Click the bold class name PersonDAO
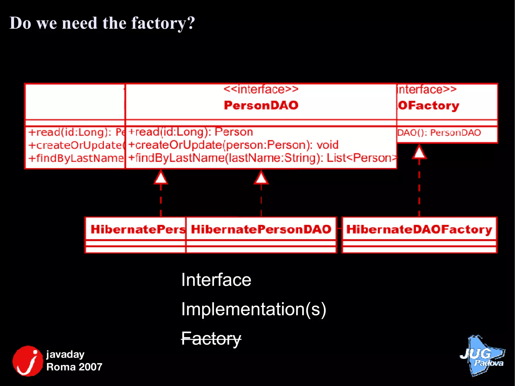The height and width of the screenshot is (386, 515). click(x=261, y=105)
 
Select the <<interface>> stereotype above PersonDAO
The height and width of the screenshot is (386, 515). click(x=261, y=89)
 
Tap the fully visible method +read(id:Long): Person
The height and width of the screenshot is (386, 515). click(x=191, y=132)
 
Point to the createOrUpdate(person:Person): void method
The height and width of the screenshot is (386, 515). click(x=233, y=145)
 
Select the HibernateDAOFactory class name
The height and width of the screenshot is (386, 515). click(x=419, y=229)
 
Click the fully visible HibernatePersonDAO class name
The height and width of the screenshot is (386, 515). click(x=261, y=229)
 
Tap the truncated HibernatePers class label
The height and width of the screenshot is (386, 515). click(x=138, y=229)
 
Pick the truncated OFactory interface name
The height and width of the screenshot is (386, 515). click(x=428, y=106)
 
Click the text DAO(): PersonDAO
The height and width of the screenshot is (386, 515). click(x=439, y=133)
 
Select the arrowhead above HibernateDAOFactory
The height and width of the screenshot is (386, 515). click(x=419, y=152)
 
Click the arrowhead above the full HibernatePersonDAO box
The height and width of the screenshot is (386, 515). click(x=261, y=178)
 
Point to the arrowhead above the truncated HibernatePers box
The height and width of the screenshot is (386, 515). click(x=161, y=178)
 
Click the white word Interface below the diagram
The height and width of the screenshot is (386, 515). click(x=216, y=280)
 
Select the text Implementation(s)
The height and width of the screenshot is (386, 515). click(x=253, y=309)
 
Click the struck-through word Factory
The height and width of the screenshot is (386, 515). click(x=211, y=338)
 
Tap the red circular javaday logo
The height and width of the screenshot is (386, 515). click(x=28, y=361)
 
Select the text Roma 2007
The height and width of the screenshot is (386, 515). click(x=74, y=367)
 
